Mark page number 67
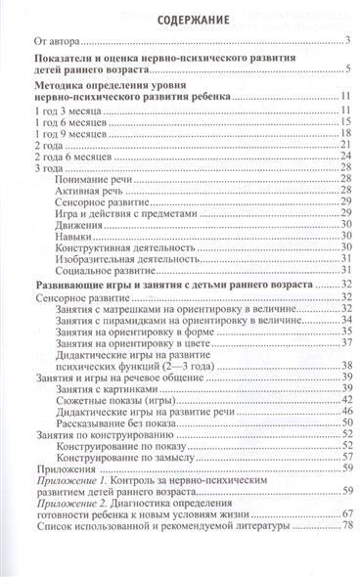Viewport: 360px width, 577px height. click(x=345, y=543)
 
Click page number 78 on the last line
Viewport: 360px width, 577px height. click(x=345, y=557)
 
